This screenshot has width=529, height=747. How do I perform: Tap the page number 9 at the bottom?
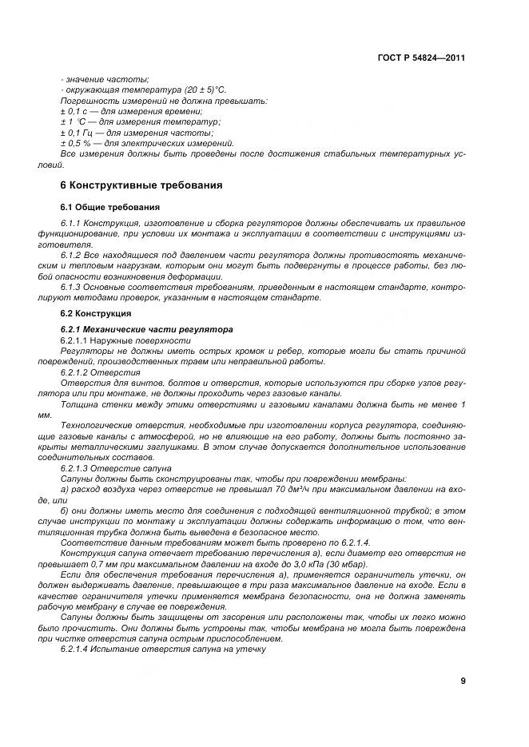[x=463, y=681]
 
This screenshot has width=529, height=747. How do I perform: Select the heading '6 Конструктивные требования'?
[x=141, y=185]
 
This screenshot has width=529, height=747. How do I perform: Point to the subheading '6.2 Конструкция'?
[x=96, y=313]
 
